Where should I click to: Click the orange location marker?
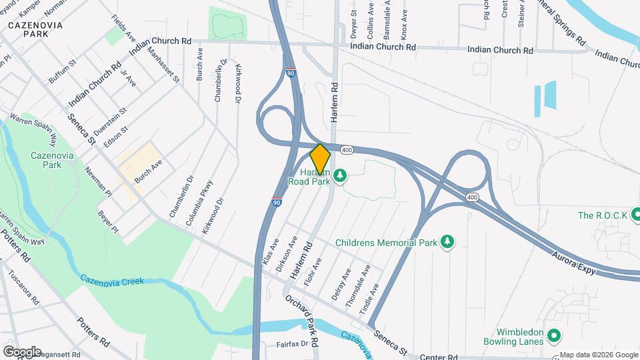[x=320, y=159]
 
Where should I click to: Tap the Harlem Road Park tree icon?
[x=341, y=175]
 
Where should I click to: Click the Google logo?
[x=22, y=352]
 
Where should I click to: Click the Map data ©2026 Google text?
[x=599, y=355]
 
